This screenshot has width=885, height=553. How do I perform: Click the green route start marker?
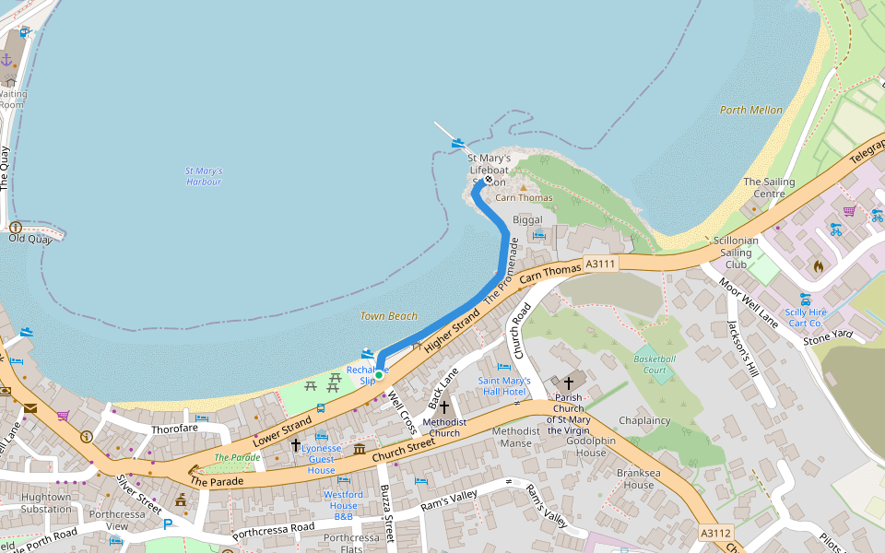click(x=379, y=375)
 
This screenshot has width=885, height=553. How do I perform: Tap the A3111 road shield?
click(x=600, y=265)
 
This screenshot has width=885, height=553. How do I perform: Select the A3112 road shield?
click(x=715, y=533)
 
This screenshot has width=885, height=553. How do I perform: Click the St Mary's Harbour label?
click(x=204, y=176)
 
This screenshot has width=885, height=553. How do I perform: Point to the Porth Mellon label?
click(x=750, y=111)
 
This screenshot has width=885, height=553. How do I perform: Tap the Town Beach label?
click(x=388, y=316)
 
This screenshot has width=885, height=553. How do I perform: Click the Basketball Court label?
click(x=655, y=364)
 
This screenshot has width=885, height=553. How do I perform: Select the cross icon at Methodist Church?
click(x=443, y=406)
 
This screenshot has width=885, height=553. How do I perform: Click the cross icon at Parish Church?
click(x=569, y=382)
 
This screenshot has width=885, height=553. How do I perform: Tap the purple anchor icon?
click(x=6, y=60)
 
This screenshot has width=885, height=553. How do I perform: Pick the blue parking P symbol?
click(x=167, y=524)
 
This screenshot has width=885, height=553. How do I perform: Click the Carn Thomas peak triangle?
click(x=523, y=187)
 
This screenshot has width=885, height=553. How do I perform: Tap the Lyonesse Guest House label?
click(x=321, y=459)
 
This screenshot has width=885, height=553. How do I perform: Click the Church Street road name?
click(x=403, y=451)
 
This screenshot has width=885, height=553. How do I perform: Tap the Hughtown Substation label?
click(x=46, y=502)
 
